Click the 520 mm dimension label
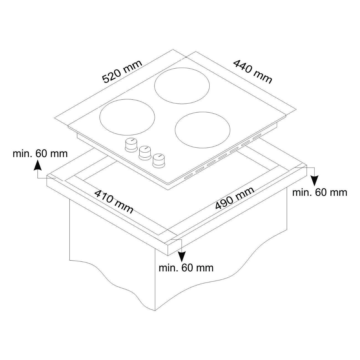[x=122, y=72]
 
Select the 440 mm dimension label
[x=253, y=72]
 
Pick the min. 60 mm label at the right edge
[x=320, y=192]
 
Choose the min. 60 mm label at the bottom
[x=186, y=268]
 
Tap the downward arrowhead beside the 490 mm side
[x=314, y=181]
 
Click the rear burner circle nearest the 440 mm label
[x=182, y=86]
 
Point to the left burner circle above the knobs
[x=127, y=117]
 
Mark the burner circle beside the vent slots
[x=202, y=130]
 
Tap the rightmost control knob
[x=159, y=161]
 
